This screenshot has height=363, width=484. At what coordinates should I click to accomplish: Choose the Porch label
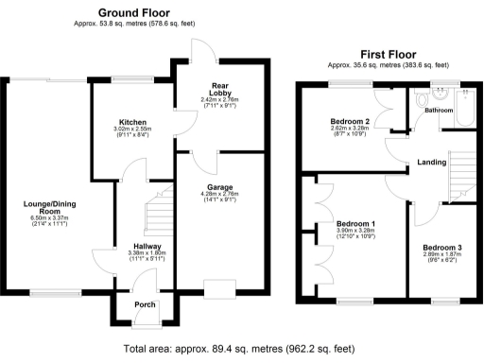click(145, 304)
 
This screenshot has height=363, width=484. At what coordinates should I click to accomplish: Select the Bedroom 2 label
click(349, 122)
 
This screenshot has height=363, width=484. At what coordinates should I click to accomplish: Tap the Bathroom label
click(438, 111)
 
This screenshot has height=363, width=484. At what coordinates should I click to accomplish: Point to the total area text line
click(241, 348)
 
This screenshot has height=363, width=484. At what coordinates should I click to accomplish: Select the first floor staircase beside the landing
click(461, 170)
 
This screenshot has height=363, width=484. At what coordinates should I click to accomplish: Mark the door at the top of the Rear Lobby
click(200, 49)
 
